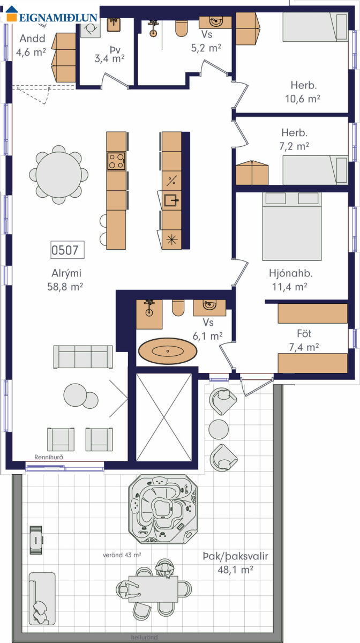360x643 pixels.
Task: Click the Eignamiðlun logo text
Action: point(58,18)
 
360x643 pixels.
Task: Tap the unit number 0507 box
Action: point(67,250)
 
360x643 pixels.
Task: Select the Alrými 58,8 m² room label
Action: point(65,280)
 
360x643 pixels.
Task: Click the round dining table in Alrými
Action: point(59,175)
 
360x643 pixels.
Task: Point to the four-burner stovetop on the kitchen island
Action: point(116,161)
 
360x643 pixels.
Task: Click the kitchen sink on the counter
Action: point(171,200)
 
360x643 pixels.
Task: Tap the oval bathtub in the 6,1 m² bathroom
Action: point(168,351)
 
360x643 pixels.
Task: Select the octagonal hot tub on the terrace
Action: point(163,509)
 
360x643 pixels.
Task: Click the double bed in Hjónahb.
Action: point(291,227)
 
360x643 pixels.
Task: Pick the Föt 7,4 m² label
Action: point(304,340)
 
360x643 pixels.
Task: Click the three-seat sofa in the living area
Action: point(83,357)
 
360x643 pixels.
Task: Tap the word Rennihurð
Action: point(49,457)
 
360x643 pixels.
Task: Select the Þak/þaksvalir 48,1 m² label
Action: point(235,563)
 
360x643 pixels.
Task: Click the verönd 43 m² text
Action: point(122,555)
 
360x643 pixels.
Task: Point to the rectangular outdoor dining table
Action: point(153,589)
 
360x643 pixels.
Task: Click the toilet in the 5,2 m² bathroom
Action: point(182,28)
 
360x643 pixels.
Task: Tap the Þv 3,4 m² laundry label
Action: point(110,55)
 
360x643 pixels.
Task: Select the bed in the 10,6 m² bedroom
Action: point(315,27)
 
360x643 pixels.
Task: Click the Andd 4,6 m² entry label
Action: point(31,46)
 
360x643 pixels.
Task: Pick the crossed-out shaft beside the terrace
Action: point(163,417)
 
